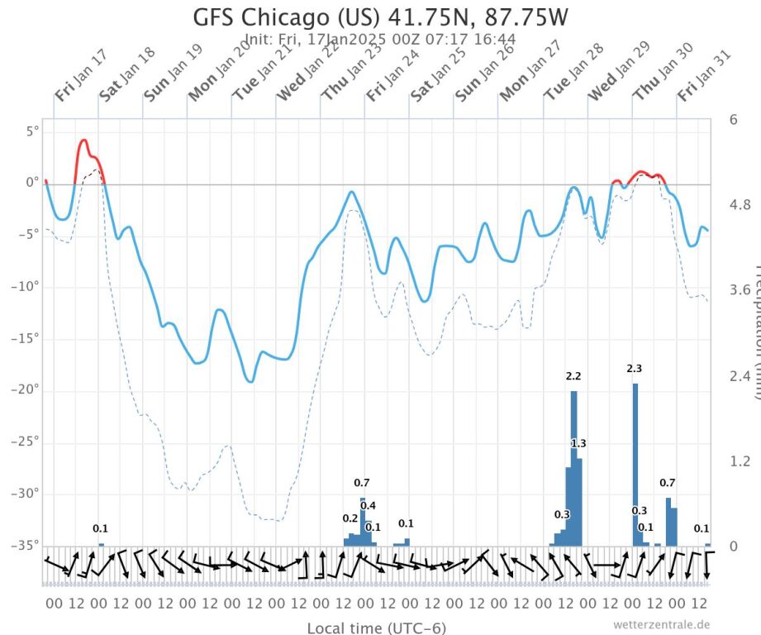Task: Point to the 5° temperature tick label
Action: [x=31, y=131]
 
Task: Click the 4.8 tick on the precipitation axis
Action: [x=740, y=204]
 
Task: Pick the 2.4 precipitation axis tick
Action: [x=740, y=375]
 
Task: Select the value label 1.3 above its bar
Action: [x=578, y=444]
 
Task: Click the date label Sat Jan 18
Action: [x=126, y=74]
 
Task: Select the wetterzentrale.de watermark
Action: [x=661, y=625]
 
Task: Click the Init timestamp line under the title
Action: [x=381, y=39]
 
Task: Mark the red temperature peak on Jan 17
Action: [x=83, y=141]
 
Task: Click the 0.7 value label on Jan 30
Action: [x=668, y=483]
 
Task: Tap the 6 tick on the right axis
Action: [x=733, y=119]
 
